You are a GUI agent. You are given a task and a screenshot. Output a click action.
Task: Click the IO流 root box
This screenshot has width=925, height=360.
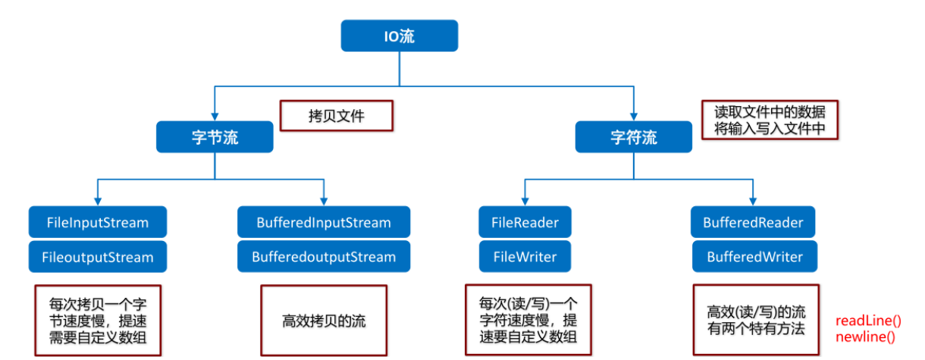[x=399, y=36]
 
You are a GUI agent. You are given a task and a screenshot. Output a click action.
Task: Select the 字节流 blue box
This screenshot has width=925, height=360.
[x=215, y=137]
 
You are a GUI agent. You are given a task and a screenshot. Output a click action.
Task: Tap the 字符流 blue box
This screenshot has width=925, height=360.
[x=633, y=137]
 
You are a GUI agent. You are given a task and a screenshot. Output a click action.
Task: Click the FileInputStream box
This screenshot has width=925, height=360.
[x=98, y=223]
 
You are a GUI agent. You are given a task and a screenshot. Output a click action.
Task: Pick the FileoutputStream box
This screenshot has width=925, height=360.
[x=98, y=257]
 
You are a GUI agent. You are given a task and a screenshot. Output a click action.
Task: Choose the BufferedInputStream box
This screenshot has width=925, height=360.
[x=324, y=223]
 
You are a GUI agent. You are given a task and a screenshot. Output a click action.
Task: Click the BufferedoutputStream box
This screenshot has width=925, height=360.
[x=324, y=257]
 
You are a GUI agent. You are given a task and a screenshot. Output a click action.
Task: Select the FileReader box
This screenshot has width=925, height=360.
[x=525, y=223]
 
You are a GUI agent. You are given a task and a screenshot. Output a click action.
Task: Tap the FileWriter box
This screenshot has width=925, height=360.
[x=525, y=257]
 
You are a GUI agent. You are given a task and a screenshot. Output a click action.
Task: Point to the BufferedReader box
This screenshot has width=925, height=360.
[x=753, y=223]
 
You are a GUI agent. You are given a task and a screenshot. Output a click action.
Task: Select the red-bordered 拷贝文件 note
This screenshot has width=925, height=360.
[x=336, y=117]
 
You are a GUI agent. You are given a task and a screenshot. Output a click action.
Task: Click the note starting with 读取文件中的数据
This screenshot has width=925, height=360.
[x=769, y=120]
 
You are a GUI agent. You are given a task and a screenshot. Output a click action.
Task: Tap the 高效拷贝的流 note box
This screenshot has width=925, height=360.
[x=323, y=320]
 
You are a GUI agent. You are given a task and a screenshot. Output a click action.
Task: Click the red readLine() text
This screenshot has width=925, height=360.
[x=868, y=321]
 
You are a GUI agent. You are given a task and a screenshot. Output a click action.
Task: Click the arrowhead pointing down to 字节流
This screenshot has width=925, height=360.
[x=215, y=116]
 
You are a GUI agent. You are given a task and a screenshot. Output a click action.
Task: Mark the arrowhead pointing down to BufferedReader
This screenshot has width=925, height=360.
[x=752, y=201]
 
